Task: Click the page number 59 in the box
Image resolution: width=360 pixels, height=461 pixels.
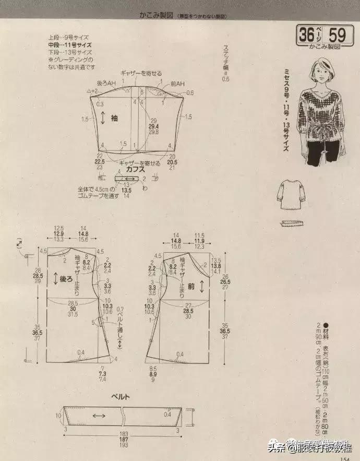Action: click(337, 35)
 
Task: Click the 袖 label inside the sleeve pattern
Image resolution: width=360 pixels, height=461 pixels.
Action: click(115, 118)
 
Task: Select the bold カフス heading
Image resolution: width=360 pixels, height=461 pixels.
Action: click(135, 170)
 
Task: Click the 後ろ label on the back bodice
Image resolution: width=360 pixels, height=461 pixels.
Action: click(67, 279)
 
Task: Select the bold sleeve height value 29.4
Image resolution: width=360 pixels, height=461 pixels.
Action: click(153, 126)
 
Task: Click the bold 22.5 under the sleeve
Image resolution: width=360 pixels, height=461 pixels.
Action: click(100, 162)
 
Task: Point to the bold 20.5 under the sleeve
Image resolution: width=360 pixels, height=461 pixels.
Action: click(173, 162)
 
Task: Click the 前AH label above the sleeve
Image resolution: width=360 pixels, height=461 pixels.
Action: click(177, 84)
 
